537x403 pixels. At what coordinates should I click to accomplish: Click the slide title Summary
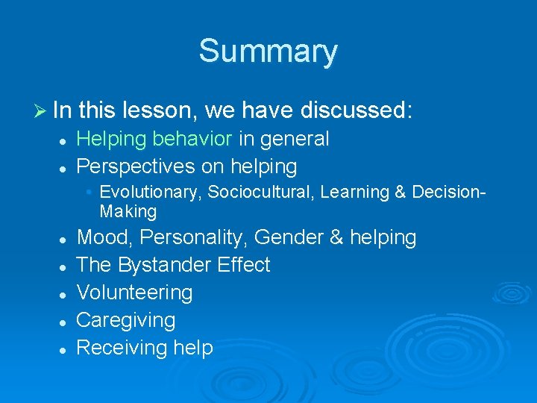(x=268, y=51)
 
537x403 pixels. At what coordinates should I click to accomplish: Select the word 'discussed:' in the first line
(x=357, y=110)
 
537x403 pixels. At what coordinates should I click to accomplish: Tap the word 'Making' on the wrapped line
(x=128, y=212)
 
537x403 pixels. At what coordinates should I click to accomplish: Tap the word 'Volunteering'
(x=134, y=293)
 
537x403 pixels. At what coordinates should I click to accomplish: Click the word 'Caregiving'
(x=126, y=320)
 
